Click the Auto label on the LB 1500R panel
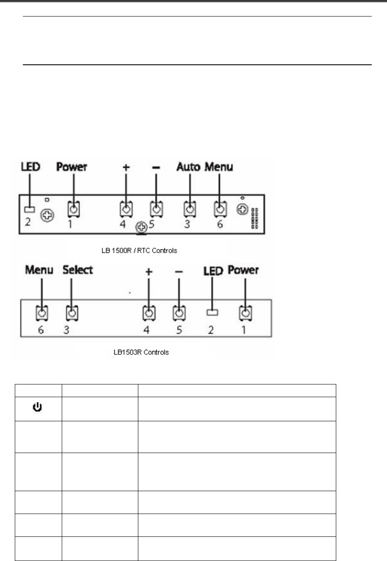(x=188, y=167)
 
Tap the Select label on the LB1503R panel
(x=77, y=269)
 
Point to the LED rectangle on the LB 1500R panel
(x=30, y=209)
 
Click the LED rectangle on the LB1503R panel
(x=212, y=312)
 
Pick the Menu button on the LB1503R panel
(x=41, y=313)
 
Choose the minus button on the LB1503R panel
(x=179, y=313)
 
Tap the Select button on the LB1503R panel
(x=71, y=313)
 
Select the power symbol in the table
(x=38, y=409)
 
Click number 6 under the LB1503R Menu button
(x=41, y=330)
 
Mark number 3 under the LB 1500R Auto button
(x=187, y=224)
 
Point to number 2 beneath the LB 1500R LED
(x=27, y=222)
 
